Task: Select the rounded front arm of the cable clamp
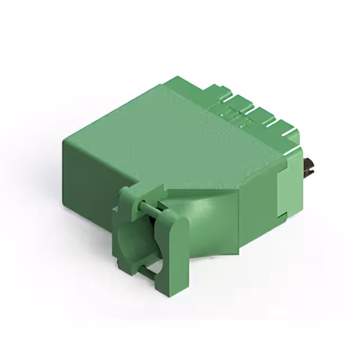(173, 253)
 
